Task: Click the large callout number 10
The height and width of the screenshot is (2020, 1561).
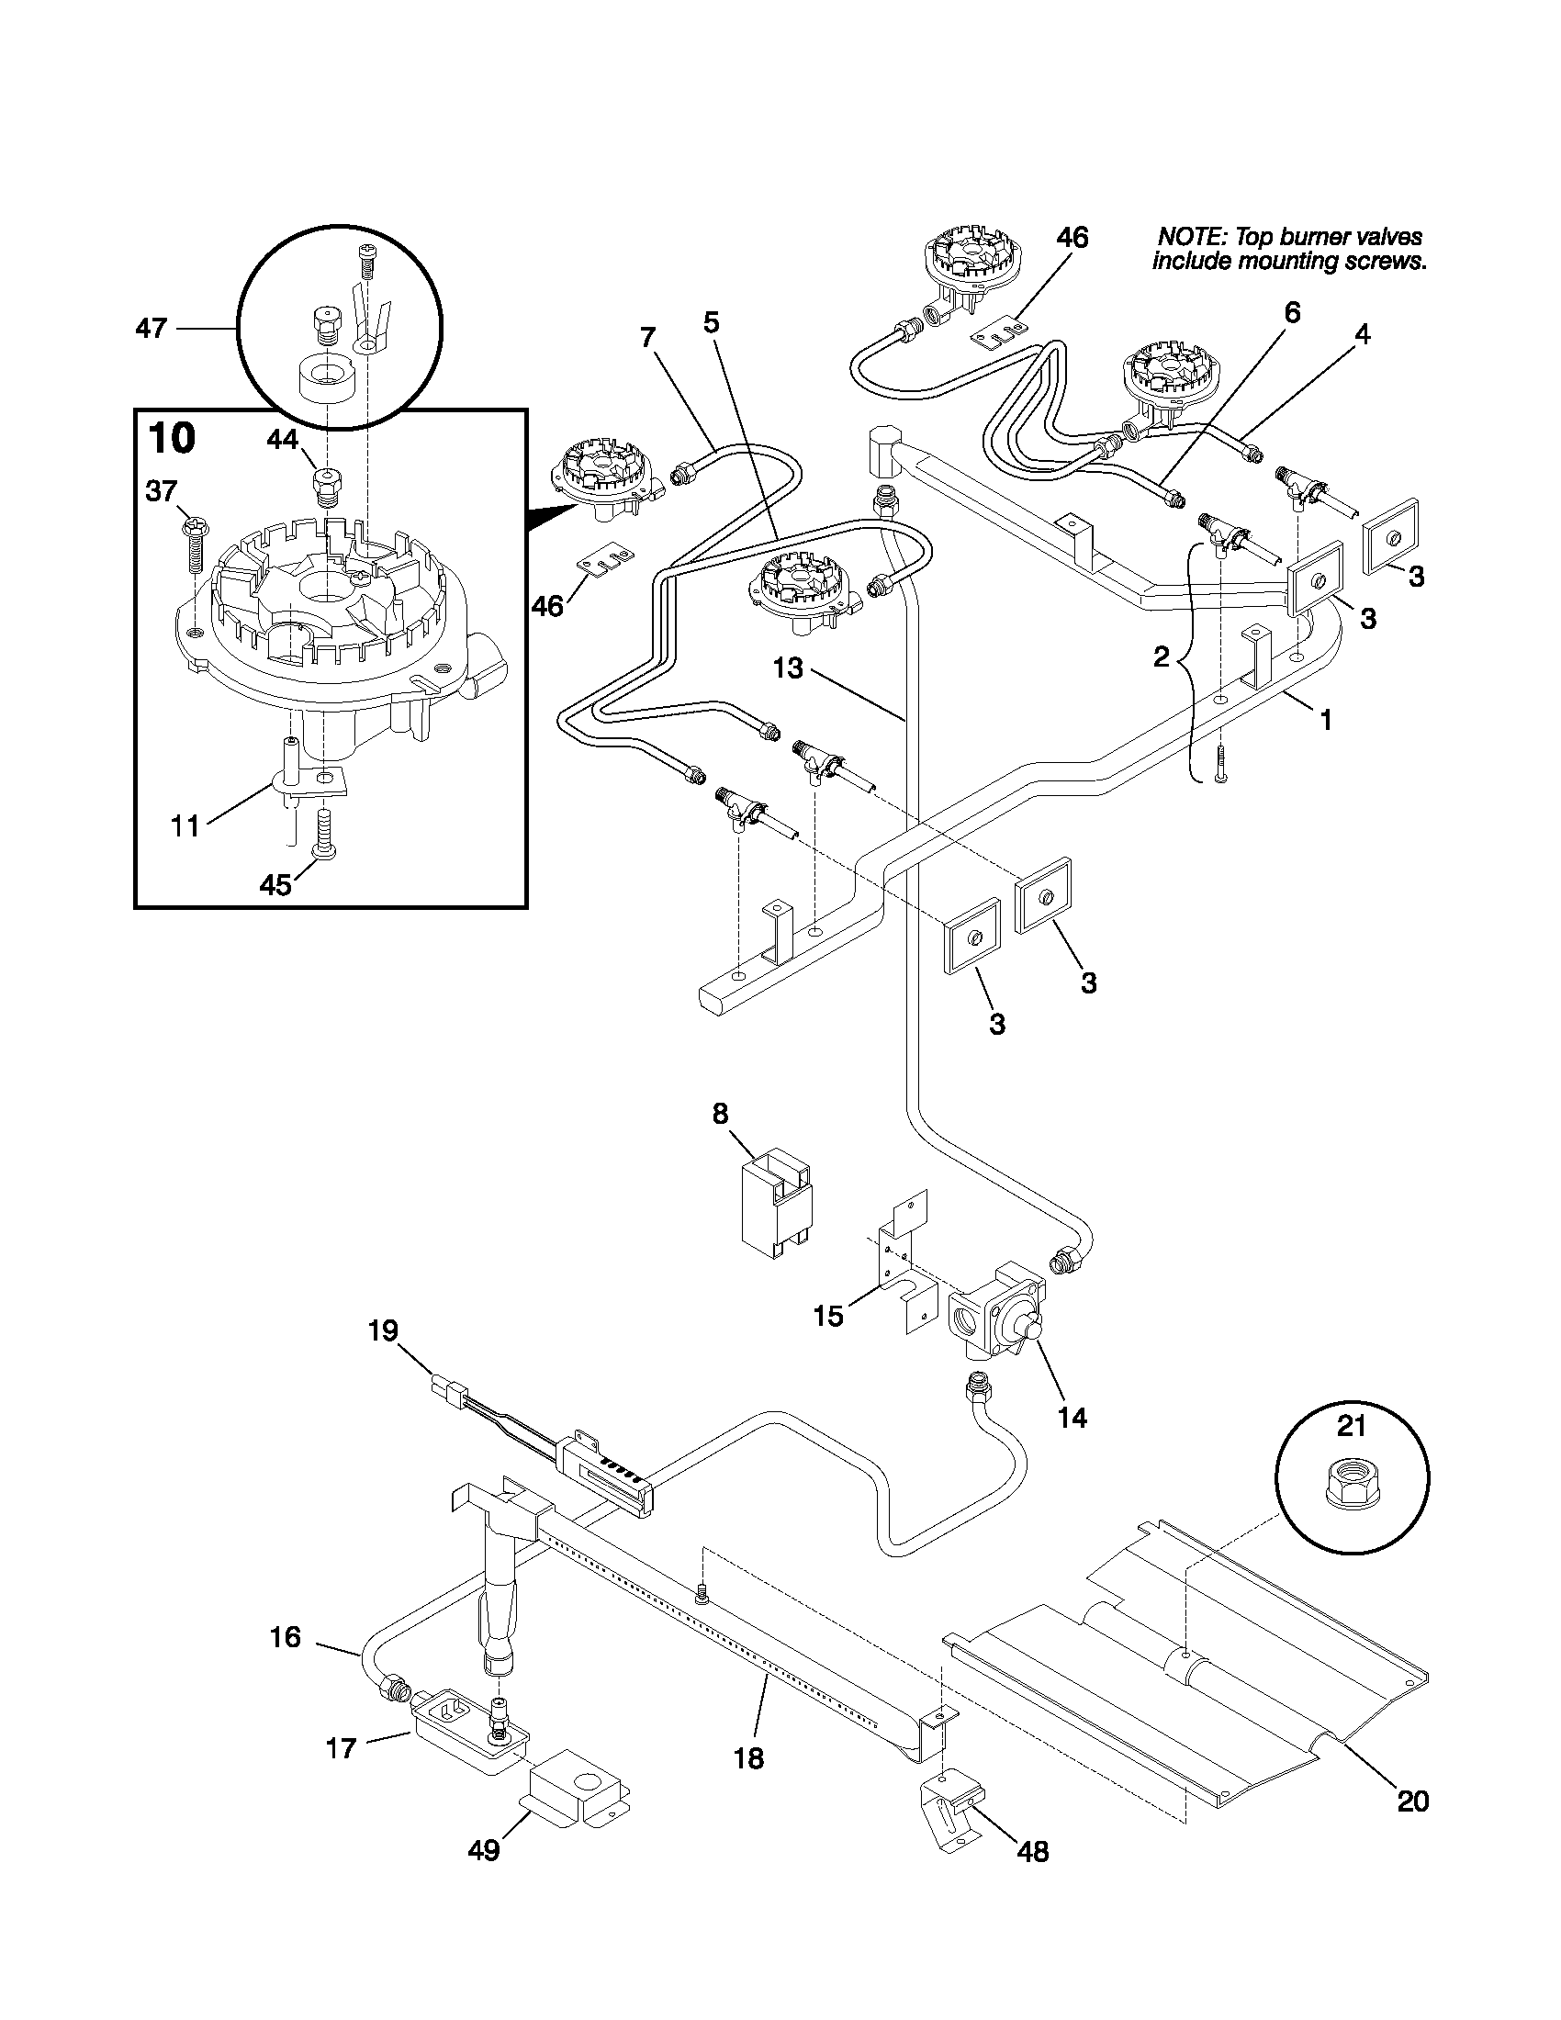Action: click(172, 438)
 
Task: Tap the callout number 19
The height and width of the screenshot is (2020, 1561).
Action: click(383, 1331)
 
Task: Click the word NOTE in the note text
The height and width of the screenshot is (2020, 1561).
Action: click(1191, 238)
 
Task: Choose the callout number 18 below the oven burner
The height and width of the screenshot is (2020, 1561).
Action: click(748, 1758)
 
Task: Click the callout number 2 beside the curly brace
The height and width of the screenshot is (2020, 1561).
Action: click(1162, 657)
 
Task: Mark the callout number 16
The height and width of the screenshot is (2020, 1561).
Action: click(285, 1638)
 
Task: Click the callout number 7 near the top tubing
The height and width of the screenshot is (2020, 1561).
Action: click(647, 338)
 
